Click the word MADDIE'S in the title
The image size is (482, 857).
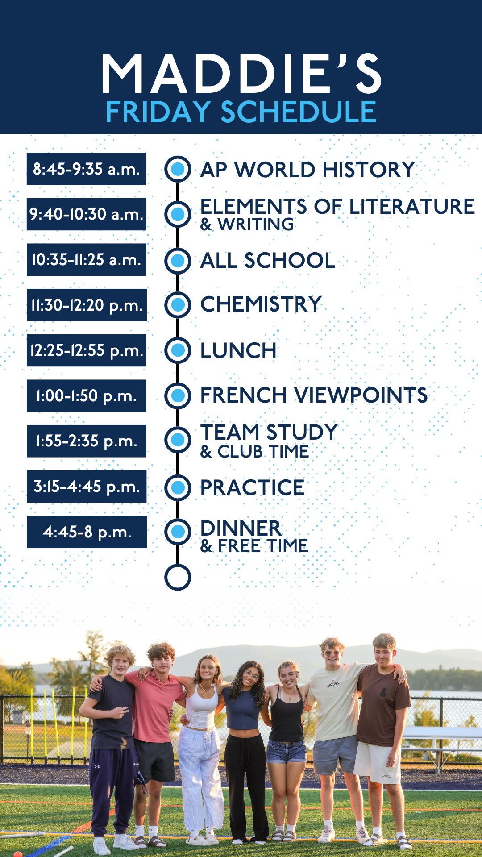click(x=241, y=73)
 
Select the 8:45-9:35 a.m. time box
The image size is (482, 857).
click(x=87, y=169)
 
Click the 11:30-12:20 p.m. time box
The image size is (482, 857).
click(x=87, y=305)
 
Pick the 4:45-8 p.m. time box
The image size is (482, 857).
click(x=87, y=532)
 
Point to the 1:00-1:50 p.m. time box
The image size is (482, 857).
click(x=87, y=395)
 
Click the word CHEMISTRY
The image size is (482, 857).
click(x=261, y=304)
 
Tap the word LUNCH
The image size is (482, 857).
click(x=238, y=350)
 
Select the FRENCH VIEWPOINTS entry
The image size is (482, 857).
click(x=314, y=395)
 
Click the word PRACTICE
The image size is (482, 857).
click(x=252, y=487)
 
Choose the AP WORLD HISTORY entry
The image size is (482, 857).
click(x=307, y=170)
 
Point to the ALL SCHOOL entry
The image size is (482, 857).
click(x=268, y=260)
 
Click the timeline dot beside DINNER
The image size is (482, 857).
click(x=178, y=531)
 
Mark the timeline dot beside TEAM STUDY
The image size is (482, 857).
click(x=178, y=440)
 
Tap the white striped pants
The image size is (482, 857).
click(x=201, y=777)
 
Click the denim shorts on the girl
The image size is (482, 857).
click(x=286, y=751)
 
